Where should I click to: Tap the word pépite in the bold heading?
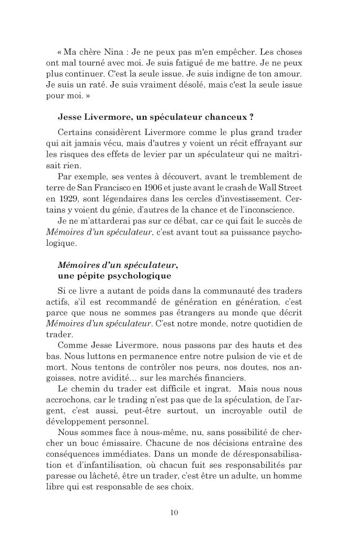tap(87, 276)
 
